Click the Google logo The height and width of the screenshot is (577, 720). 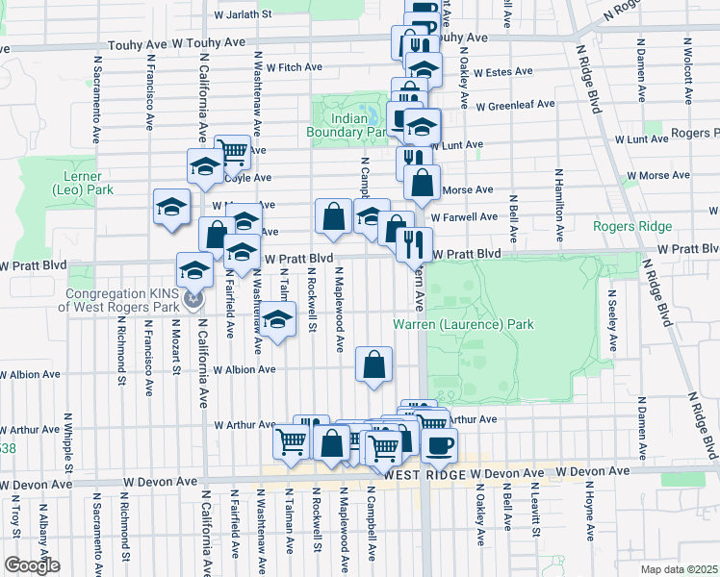pos(31,565)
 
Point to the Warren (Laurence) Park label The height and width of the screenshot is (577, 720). pos(463,324)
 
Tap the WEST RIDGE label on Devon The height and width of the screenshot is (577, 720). pos(424,475)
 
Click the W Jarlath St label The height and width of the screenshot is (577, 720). pos(244,15)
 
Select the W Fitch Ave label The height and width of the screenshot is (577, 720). pos(296,67)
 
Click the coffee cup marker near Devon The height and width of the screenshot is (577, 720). pos(440,444)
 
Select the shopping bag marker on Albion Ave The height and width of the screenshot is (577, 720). pos(373,364)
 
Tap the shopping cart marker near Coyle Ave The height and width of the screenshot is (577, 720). pos(232,150)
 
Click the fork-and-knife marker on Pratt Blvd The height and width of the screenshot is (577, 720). pos(414,243)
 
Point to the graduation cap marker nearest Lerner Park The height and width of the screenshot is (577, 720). pos(172,207)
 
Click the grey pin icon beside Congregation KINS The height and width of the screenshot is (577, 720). pos(194,300)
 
